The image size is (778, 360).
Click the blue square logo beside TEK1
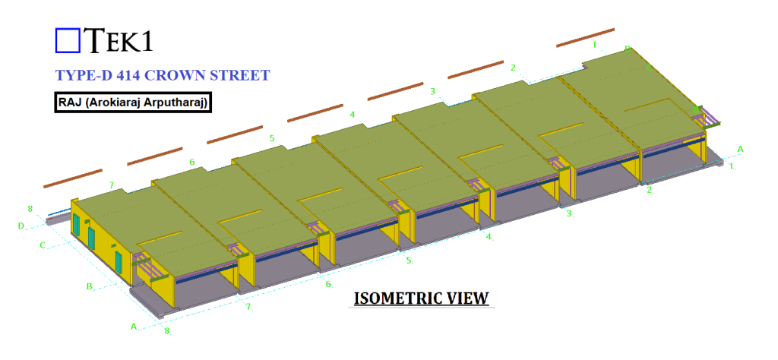(68, 40)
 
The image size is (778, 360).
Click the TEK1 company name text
(118, 40)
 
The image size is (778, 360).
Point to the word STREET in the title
(242, 75)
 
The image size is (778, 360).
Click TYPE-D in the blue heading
(85, 75)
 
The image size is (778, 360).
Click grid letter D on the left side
(21, 226)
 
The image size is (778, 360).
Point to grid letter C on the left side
(43, 245)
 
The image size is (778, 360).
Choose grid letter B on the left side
(89, 286)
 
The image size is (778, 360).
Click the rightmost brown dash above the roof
(585, 38)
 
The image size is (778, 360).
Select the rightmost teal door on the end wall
(119, 261)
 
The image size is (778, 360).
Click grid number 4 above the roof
(352, 114)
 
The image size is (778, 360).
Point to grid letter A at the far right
(740, 148)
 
